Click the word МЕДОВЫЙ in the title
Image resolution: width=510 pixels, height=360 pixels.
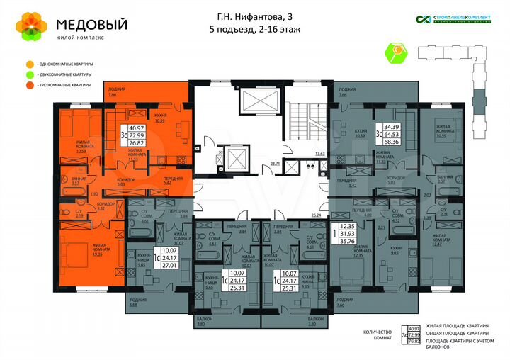point(92,24)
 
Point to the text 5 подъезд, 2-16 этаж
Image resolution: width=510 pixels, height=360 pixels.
point(254,29)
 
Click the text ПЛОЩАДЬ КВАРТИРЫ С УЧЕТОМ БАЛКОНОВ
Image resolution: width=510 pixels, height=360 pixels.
point(457,344)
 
